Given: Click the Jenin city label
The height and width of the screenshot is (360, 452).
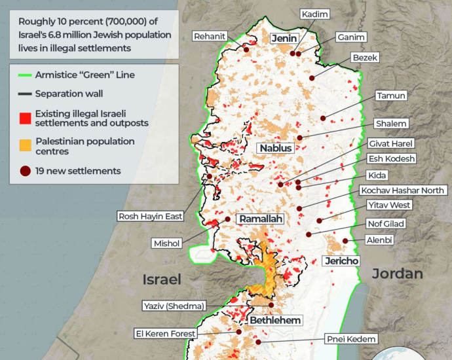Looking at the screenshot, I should coord(285,39).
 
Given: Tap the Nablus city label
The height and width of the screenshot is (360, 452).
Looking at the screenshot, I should coord(275,148).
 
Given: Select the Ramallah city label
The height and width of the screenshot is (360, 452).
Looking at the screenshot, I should coord(261,219).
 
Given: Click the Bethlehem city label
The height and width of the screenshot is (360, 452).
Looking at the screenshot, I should coord(275,320).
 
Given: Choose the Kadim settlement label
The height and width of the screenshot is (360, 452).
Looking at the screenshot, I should coord(315,14).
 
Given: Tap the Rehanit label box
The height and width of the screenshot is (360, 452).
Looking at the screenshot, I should coord(210,37).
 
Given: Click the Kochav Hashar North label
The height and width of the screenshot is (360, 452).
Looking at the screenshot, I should coord(402,190).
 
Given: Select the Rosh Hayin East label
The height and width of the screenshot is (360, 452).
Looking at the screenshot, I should coord(150,216).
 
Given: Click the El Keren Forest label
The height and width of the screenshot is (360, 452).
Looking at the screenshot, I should coord(165,333).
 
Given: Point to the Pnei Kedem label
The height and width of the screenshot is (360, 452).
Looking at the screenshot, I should coord(352,338).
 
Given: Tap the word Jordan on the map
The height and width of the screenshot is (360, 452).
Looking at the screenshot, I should coord(398,274).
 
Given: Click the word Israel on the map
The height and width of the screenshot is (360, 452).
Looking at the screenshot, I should coord(162,279).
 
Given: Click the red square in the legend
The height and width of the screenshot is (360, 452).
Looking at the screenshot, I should coord(25,118).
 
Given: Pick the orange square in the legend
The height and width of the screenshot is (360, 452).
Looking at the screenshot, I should coord(25,145).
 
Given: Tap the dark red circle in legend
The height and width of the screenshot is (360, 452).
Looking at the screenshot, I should coord(25,171).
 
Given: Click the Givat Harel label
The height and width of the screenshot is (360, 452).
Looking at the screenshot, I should coord(391,143).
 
